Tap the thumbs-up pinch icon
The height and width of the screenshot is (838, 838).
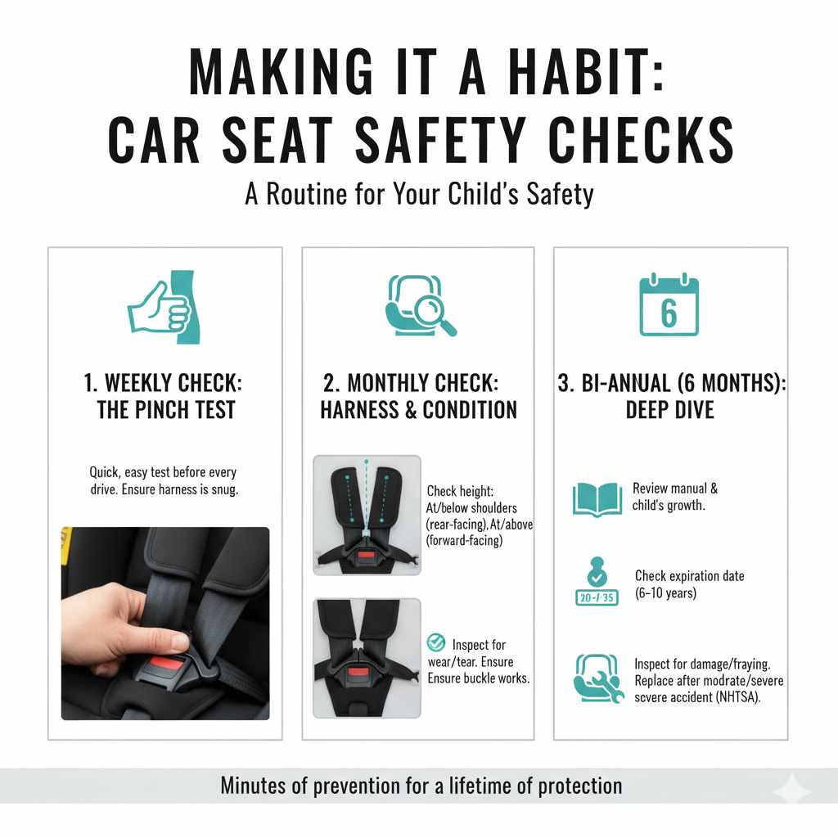[x=162, y=307]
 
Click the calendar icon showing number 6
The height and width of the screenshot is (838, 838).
[x=669, y=306]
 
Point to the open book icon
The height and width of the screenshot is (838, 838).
[x=597, y=498]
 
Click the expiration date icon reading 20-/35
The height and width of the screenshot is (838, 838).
[x=597, y=586]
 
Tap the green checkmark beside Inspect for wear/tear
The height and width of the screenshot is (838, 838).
[x=437, y=643]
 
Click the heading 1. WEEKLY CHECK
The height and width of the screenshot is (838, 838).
[x=163, y=384]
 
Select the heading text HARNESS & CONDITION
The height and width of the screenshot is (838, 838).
[x=418, y=409]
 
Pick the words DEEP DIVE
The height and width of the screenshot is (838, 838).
[x=669, y=409]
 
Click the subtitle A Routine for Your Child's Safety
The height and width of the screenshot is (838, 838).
[x=419, y=195]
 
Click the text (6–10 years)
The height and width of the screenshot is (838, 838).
[x=665, y=592]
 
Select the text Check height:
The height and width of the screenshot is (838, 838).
[x=460, y=491]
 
